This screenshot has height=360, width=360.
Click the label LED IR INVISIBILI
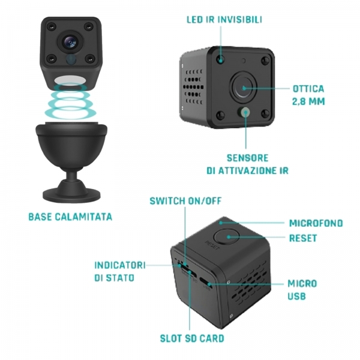[224, 20]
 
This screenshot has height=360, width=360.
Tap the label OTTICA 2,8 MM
[308, 95]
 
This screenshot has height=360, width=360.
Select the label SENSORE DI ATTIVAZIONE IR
[247, 164]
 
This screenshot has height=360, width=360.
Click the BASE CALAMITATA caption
[70, 217]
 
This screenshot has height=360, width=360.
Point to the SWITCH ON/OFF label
[185, 201]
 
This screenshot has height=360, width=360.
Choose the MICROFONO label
[316, 223]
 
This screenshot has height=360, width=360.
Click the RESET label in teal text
[303, 238]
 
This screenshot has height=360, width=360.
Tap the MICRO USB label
[302, 290]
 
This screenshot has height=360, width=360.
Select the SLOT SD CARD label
[192, 338]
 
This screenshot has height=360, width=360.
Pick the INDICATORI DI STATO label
[120, 271]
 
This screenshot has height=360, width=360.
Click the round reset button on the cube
[226, 237]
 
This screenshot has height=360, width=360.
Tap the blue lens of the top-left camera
[70, 41]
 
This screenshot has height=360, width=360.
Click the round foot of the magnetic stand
[71, 194]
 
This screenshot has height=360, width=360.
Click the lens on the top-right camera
[244, 88]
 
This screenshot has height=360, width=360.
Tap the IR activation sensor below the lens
[245, 113]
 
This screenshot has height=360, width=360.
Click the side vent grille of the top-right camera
[193, 87]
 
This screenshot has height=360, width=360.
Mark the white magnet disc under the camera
[70, 81]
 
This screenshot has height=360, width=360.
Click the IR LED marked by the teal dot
[220, 59]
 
